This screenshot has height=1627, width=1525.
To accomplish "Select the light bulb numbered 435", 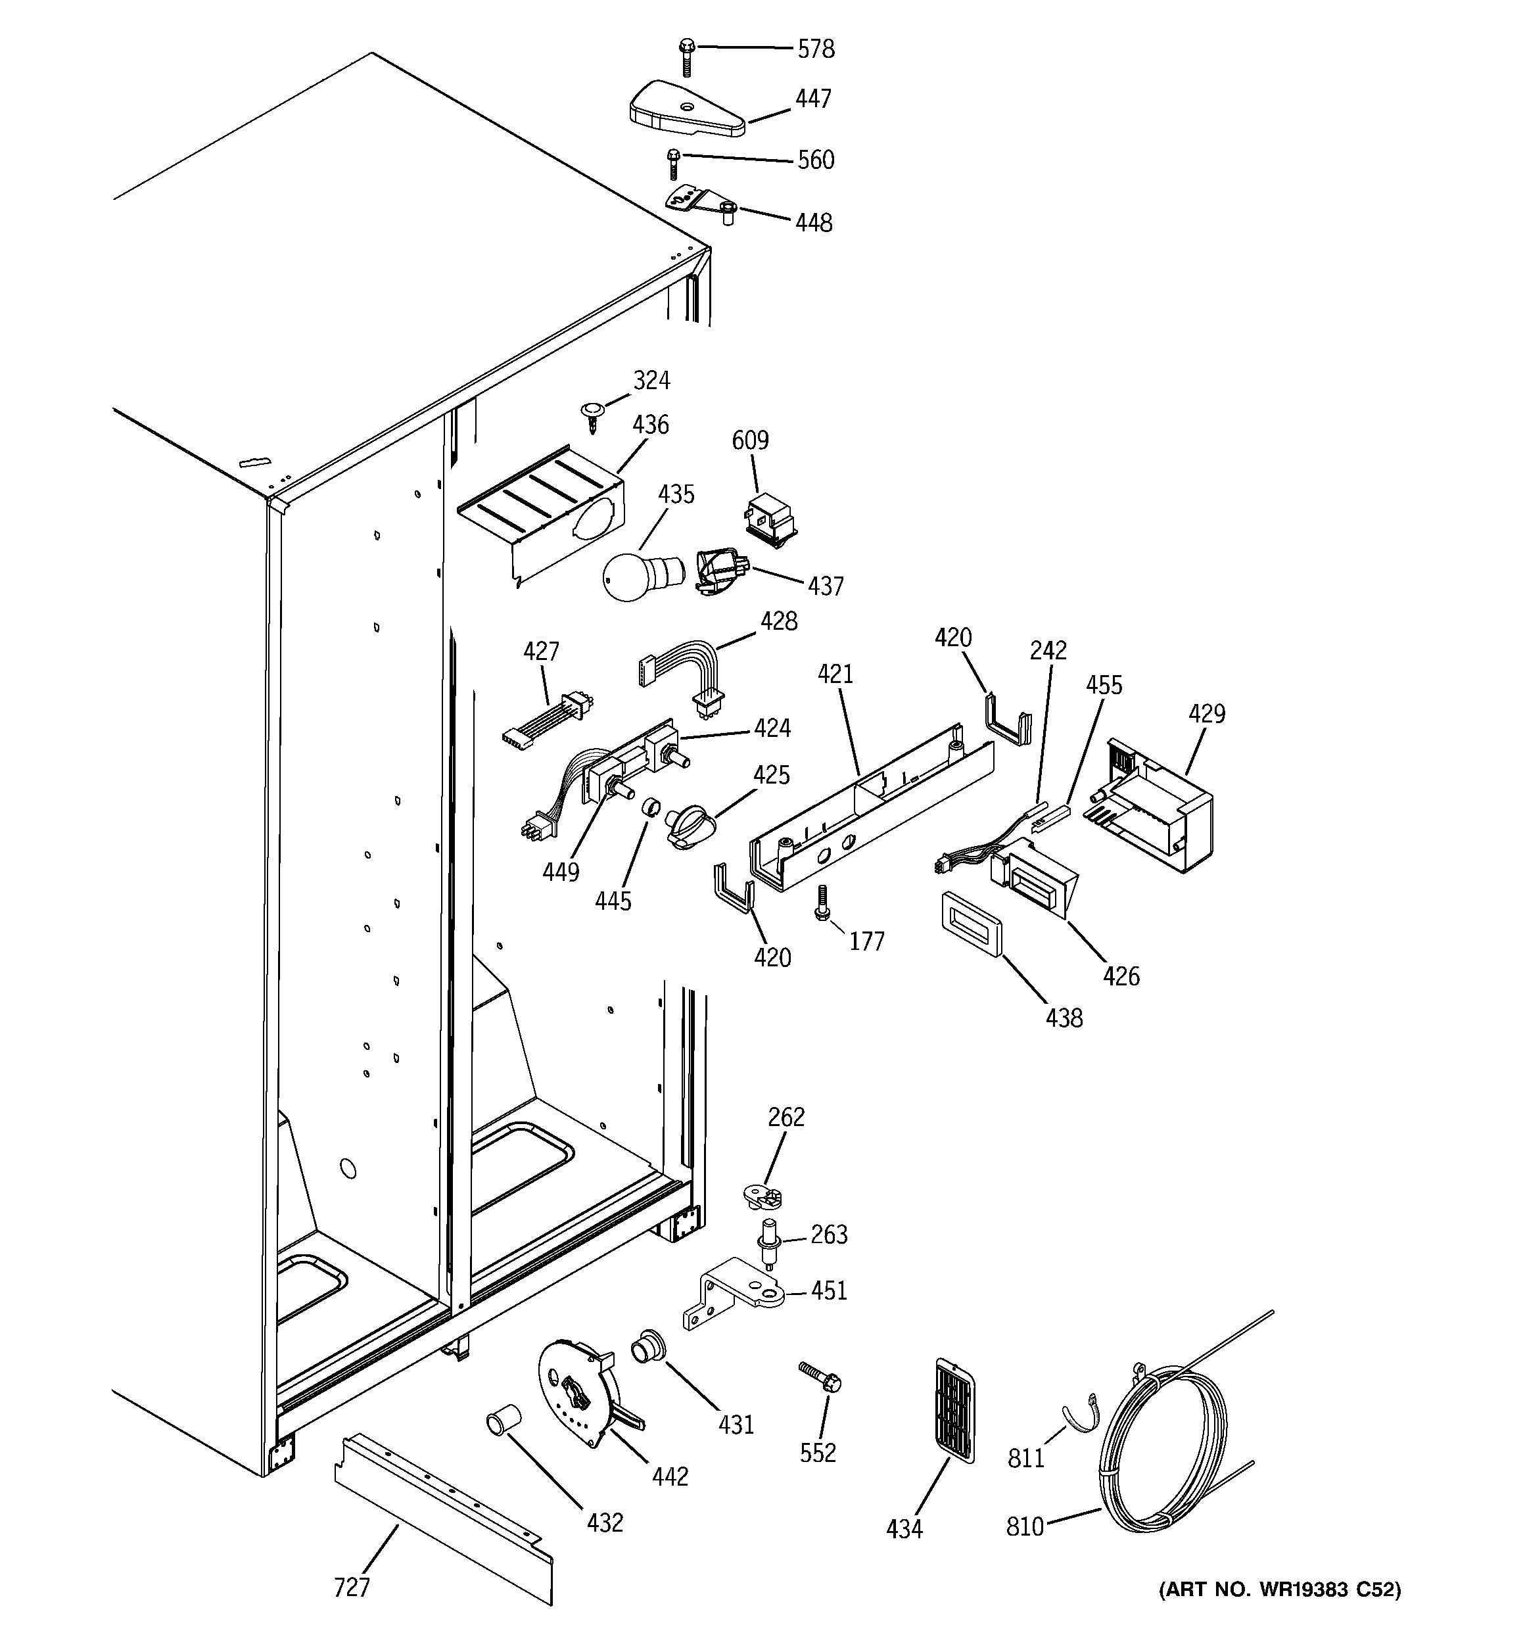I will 635,576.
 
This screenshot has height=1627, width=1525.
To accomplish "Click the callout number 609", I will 750,440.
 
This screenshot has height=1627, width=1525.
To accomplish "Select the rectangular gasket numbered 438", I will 971,923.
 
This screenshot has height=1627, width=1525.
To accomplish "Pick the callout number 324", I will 651,381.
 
